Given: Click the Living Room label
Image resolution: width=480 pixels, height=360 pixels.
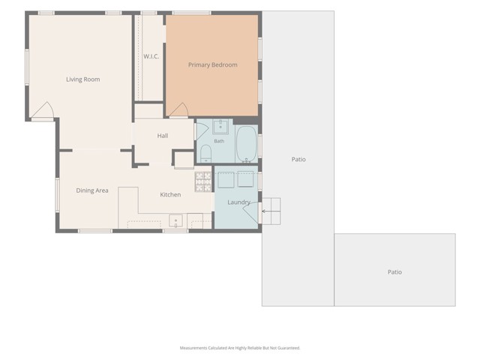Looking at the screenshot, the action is [x=83, y=79].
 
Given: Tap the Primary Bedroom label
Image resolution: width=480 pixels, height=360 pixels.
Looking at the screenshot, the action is [x=213, y=65].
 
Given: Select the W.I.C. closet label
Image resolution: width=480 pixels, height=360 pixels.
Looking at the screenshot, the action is [x=151, y=56].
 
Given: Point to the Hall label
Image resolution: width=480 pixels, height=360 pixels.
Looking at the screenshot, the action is [x=163, y=136].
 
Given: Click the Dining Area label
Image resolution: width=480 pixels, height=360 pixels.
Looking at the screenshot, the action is [x=92, y=190].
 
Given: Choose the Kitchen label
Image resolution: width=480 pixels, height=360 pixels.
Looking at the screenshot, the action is [x=170, y=195].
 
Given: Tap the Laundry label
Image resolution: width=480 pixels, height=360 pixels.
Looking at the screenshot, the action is [x=238, y=202].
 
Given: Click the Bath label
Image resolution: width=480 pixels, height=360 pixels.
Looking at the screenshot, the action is [x=219, y=141].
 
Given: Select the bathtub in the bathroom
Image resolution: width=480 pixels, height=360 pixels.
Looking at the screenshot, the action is [x=247, y=144].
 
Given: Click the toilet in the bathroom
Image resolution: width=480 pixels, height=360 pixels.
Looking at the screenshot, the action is [x=205, y=154].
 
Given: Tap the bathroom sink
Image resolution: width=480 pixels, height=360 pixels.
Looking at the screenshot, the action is [x=220, y=127].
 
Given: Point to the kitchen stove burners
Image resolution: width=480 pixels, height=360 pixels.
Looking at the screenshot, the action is [x=203, y=181].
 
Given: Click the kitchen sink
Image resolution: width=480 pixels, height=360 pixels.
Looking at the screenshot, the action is [x=175, y=221].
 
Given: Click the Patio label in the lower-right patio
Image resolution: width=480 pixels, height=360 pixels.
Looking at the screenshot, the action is [x=395, y=272].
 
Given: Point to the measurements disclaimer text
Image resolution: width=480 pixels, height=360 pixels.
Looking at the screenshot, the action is [x=240, y=348].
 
